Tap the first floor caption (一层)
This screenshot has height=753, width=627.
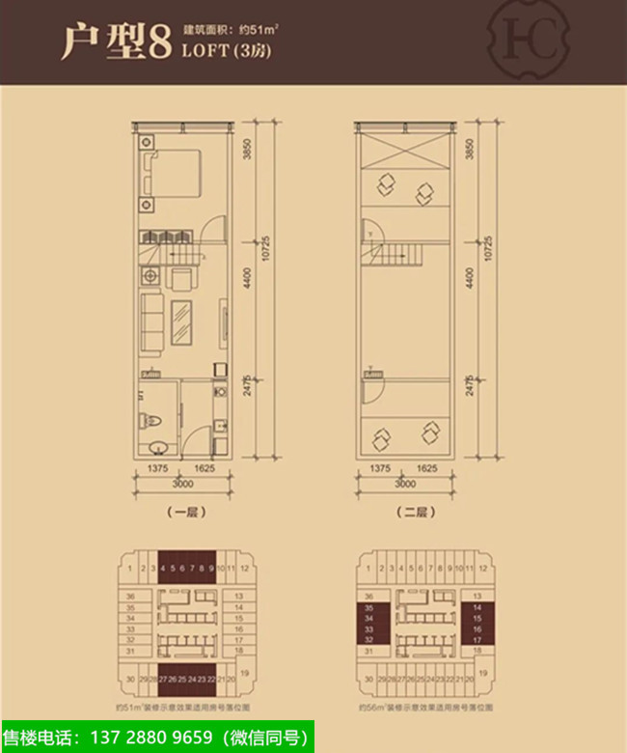tap(181, 513)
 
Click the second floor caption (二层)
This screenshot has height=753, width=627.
tap(405, 513)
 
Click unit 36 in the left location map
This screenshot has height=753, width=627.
tap(130, 597)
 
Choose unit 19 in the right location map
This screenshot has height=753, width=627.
tap(482, 670)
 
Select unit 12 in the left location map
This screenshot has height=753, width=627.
tap(245, 570)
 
